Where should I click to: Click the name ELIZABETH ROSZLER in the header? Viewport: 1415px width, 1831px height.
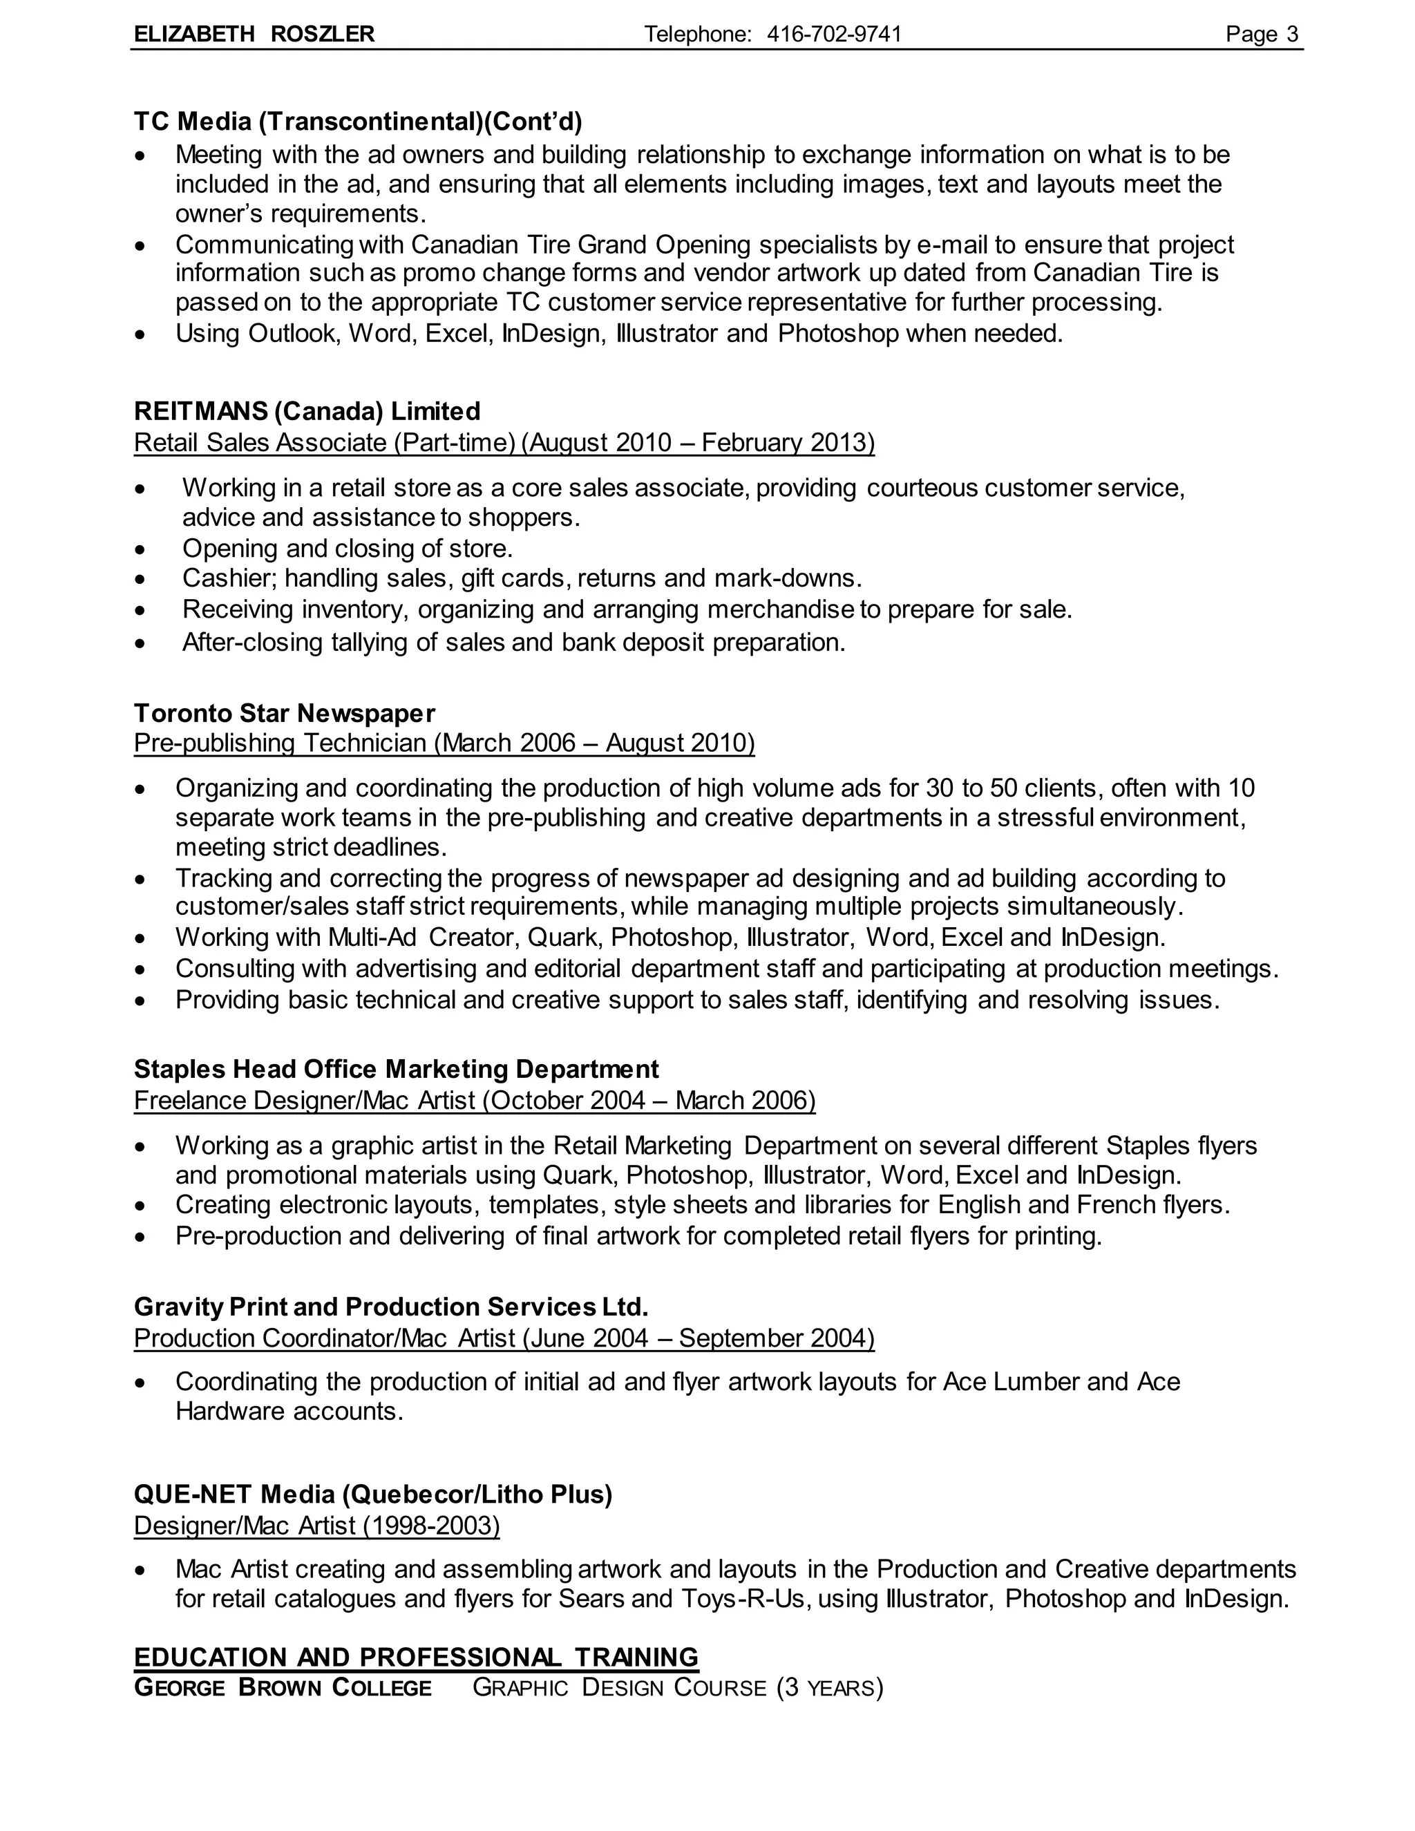tap(254, 35)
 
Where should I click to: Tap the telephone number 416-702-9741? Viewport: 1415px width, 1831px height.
tap(834, 35)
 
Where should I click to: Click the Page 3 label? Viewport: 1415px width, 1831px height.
tap(1261, 35)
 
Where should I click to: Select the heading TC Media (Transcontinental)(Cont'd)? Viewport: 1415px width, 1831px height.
tap(358, 122)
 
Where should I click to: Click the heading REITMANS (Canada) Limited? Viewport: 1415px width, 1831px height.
tap(307, 412)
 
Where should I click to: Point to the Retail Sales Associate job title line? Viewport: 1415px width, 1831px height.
tap(504, 443)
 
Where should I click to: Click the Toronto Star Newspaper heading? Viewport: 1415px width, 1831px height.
tap(284, 714)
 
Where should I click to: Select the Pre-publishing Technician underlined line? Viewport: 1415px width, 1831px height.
tap(444, 743)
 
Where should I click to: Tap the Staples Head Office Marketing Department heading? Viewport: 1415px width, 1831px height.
tap(397, 1070)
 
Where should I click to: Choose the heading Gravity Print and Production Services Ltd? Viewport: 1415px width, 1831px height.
tap(390, 1307)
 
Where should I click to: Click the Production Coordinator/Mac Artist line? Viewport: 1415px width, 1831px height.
tap(504, 1338)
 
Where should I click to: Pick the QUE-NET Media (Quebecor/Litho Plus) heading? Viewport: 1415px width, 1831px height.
tap(373, 1494)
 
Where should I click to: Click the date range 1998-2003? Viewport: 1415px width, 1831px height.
tap(432, 1525)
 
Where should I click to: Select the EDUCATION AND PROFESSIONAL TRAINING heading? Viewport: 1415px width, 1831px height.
tap(416, 1658)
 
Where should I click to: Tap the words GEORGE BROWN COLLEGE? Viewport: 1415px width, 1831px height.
tap(283, 1688)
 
